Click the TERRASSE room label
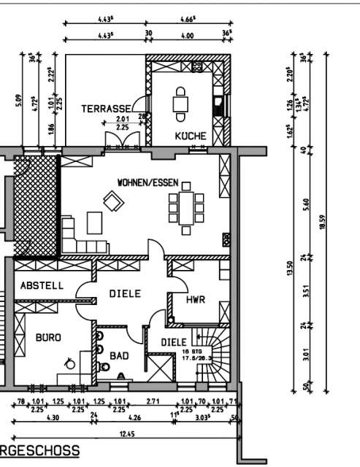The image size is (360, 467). [106, 109]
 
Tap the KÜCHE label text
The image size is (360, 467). [190, 136]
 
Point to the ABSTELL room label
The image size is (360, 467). [42, 286]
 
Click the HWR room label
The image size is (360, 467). [196, 299]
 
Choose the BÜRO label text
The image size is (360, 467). [49, 337]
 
